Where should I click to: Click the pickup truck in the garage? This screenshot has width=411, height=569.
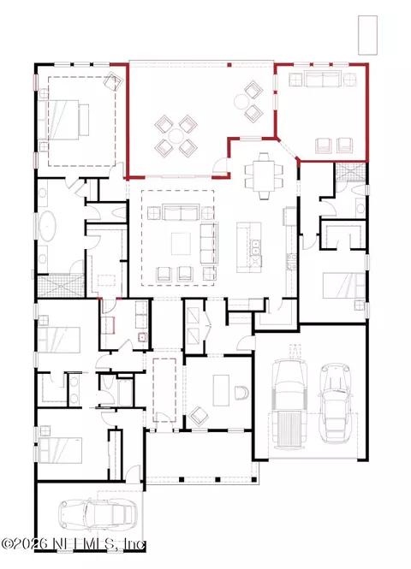tap(289, 403)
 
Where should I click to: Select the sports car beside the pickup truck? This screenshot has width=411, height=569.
tap(335, 403)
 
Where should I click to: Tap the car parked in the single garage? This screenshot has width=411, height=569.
tap(96, 514)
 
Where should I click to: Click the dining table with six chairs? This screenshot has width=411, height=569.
tap(264, 176)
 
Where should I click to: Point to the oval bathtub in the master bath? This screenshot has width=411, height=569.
tap(47, 226)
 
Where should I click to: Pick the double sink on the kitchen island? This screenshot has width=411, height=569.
tap(256, 247)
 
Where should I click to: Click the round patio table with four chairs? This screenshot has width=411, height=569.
tap(176, 136)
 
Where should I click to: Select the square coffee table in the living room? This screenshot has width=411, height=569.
tap(182, 244)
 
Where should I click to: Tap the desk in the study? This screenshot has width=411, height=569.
tap(221, 390)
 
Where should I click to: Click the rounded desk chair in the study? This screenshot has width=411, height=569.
tap(241, 393)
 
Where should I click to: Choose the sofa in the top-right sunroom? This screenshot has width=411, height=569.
tap(323, 79)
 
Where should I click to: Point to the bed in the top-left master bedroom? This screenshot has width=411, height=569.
tap(63, 120)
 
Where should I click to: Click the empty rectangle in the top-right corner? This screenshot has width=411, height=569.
tap(367, 35)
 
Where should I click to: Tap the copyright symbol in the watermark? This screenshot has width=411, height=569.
tap(7, 543)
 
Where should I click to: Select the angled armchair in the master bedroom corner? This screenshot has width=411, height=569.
tap(111, 81)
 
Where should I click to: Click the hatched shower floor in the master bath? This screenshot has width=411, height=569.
tap(60, 286)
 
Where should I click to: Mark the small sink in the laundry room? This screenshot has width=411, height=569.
tap(141, 337)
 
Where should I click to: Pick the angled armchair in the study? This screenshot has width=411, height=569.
tap(199, 416)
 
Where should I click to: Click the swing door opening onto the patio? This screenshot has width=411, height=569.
tap(220, 166)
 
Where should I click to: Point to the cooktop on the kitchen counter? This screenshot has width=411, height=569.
tap(291, 262)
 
